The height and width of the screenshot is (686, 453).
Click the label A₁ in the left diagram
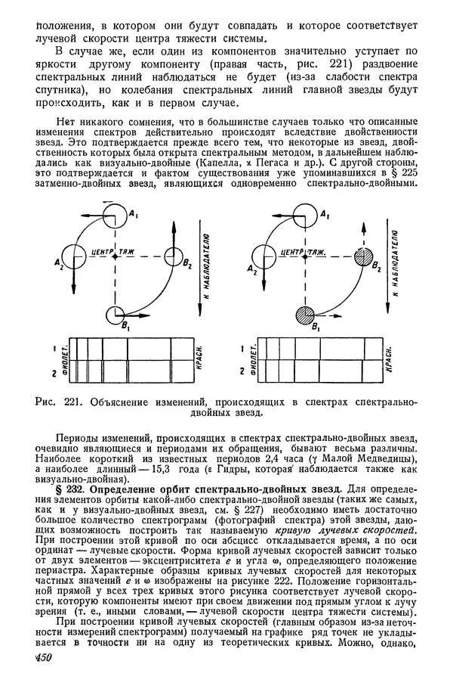coord(132,216)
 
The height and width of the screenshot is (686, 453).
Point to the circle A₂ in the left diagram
coord(73,256)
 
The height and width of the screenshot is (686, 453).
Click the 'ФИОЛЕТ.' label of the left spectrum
coord(64,359)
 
